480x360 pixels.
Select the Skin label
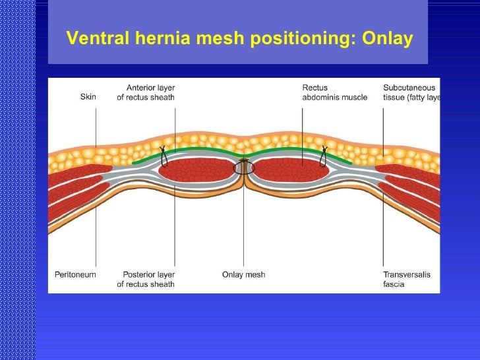(x=88, y=97)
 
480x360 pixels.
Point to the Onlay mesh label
(x=243, y=274)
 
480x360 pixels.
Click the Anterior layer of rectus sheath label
(x=150, y=92)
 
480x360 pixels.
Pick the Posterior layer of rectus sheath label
(x=146, y=279)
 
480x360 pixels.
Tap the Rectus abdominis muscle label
(x=334, y=92)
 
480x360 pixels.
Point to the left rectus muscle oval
(x=198, y=170)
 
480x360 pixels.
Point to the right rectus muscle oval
(x=290, y=170)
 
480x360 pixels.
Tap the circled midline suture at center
(x=244, y=166)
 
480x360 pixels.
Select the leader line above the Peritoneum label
(x=96, y=237)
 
